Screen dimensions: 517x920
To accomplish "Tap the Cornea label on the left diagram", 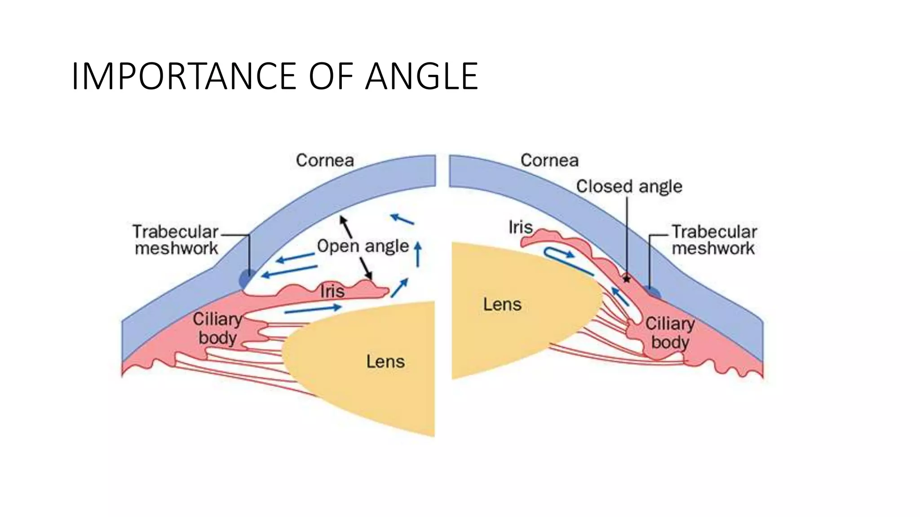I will point(325,160).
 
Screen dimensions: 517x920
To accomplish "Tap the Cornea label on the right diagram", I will point(549,160).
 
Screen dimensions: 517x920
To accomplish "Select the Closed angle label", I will point(629,186).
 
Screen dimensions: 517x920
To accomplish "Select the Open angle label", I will point(363,246).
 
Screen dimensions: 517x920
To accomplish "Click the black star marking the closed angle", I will point(627,279).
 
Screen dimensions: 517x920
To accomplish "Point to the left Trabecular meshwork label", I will point(176,240).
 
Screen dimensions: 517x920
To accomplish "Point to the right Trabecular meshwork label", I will point(714,240).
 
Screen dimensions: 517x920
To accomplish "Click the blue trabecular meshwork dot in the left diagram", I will point(247,279).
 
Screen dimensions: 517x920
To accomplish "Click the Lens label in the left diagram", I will point(385,361).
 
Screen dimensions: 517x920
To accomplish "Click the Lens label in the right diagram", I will point(502,305).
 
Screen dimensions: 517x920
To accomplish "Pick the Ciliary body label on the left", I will point(217,329).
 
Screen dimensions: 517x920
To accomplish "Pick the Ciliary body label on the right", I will point(670,333).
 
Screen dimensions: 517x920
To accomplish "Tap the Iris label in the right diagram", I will point(520,227).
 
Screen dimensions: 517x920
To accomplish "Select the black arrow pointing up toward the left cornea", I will point(345,227).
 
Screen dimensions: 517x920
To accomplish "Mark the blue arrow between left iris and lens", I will point(313,309).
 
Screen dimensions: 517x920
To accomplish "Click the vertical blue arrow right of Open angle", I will point(418,254).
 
